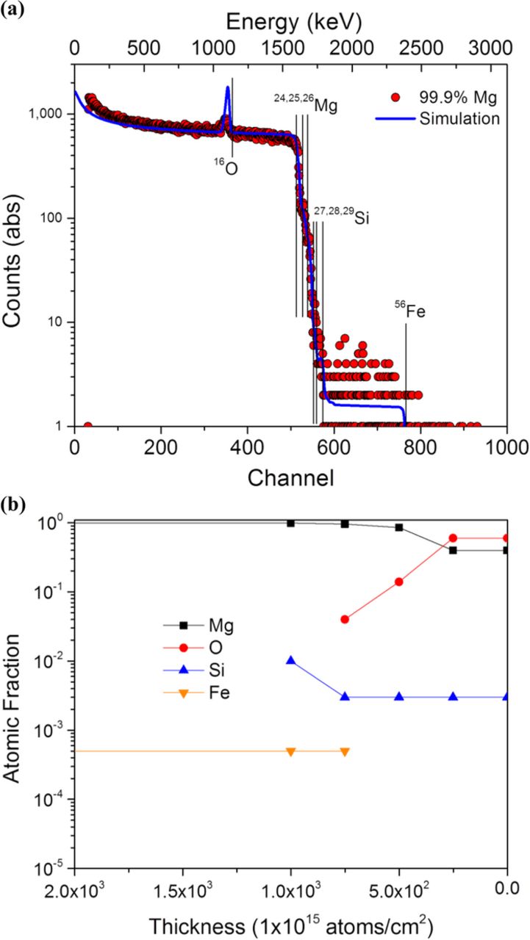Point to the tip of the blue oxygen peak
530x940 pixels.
coord(228,87)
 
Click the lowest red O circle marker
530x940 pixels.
coord(345,619)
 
